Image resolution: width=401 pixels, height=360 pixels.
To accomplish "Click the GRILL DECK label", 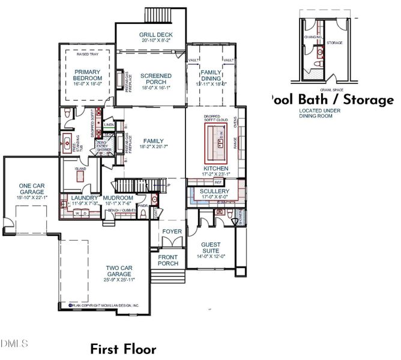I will pos(155,35).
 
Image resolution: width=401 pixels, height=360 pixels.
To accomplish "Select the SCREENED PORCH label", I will pos(155,80).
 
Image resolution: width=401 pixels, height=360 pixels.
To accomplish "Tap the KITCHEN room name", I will pos(216,169).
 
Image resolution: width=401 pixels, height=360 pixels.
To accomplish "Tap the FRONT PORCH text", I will pos(168,260).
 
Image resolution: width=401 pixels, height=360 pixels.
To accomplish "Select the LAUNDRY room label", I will pos(84,197).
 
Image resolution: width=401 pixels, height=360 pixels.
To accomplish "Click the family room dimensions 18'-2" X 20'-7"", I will pos(154,147).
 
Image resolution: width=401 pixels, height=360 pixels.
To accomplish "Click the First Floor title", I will pos(123,349).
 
